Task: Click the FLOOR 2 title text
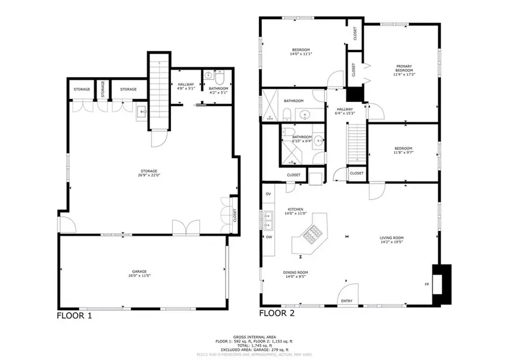(278, 312)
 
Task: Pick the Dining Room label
(295, 273)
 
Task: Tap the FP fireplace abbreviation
(426, 284)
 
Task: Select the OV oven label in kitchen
(268, 194)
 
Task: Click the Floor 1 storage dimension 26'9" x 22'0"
(149, 175)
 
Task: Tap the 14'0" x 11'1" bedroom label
(301, 54)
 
